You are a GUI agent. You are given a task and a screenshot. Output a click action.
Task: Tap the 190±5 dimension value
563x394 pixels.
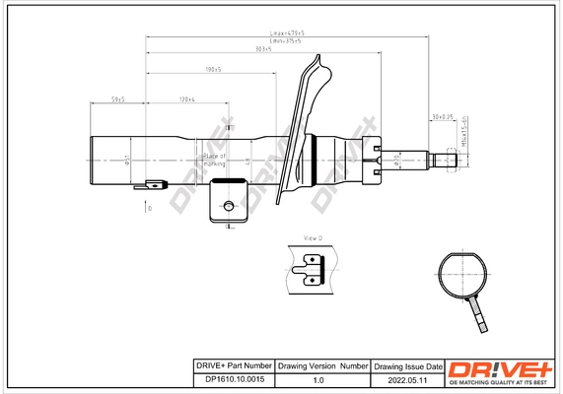211,70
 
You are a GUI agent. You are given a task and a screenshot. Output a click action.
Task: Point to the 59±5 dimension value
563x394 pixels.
117,99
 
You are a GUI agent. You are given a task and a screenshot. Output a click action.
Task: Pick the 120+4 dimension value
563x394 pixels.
187,99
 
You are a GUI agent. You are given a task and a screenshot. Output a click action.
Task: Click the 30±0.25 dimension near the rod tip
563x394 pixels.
441,117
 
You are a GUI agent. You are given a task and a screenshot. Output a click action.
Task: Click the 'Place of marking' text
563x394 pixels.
214,160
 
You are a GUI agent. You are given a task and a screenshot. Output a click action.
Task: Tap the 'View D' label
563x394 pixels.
314,239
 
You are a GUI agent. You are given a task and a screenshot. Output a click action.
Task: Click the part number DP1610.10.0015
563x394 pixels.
229,378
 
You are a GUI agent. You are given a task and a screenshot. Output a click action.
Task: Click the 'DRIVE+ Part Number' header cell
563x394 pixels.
229,365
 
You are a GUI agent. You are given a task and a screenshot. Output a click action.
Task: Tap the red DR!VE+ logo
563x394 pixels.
501,367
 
